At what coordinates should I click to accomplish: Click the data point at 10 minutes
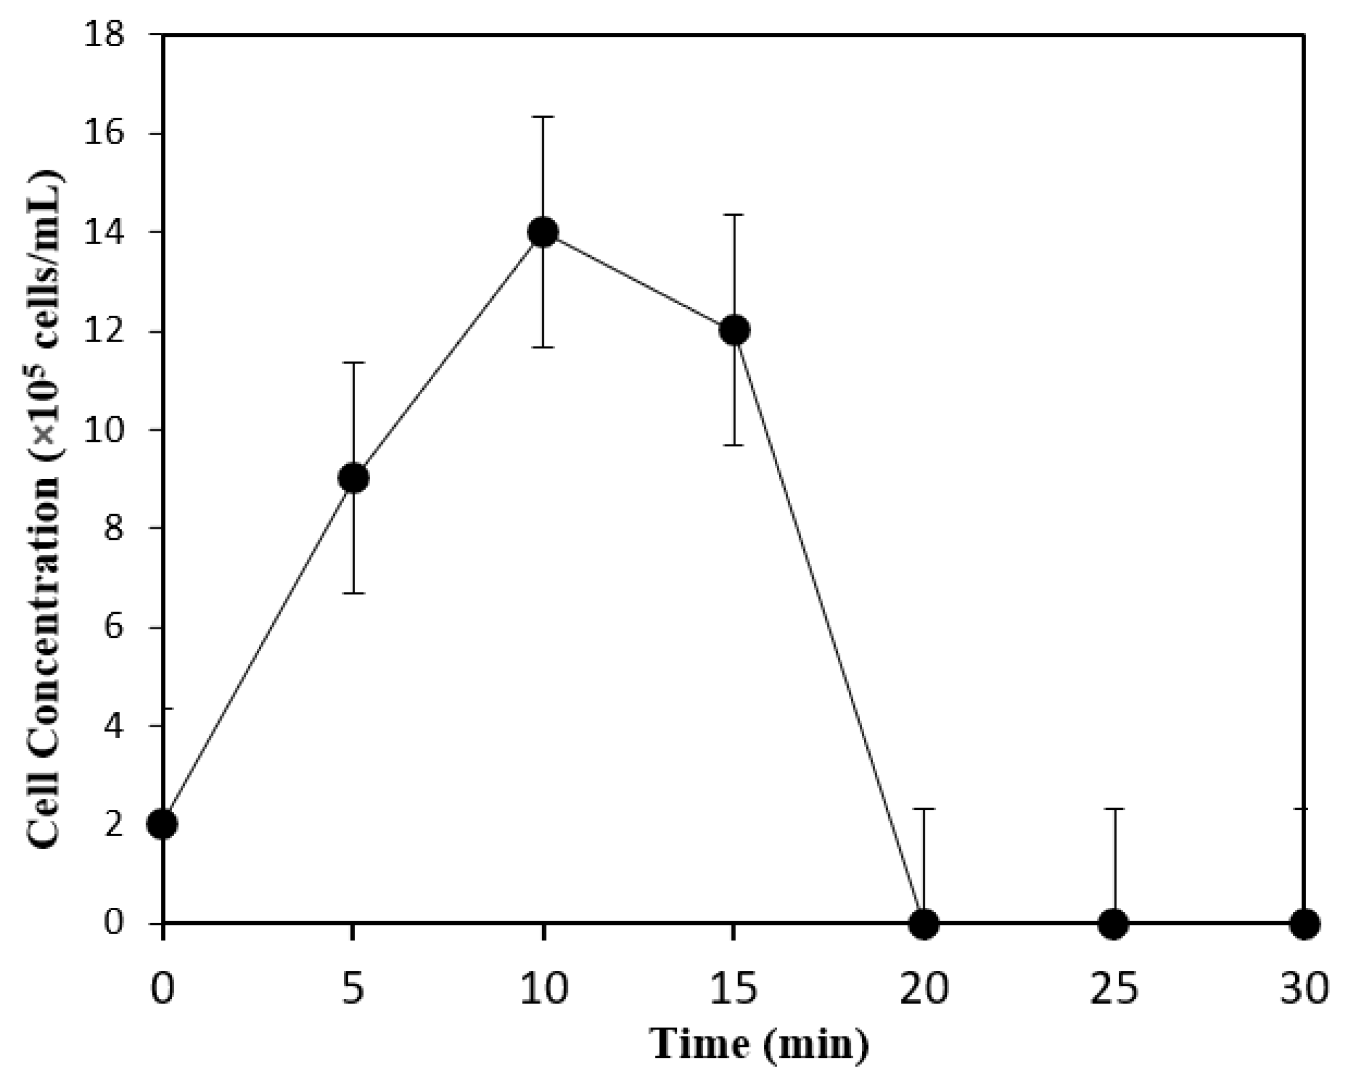543,232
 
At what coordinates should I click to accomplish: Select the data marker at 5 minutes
353,478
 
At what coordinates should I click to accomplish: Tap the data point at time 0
164,824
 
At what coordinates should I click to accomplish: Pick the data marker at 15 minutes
734,330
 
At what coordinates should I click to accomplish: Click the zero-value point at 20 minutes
924,923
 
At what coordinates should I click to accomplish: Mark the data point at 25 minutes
1114,923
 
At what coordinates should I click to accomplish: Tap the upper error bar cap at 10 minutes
543,117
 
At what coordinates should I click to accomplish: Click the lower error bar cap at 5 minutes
353,593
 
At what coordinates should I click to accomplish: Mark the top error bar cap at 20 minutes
924,809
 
